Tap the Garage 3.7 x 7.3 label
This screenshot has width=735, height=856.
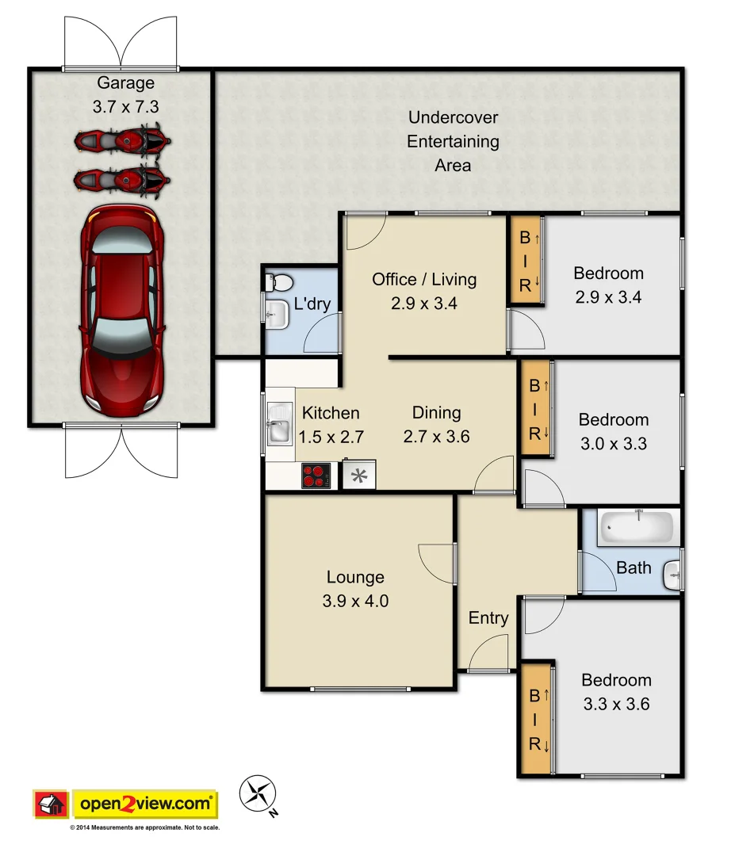125,94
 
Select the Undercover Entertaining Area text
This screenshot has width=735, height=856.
453,141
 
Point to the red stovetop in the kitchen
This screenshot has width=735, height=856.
315,476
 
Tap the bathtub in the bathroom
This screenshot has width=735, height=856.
638,527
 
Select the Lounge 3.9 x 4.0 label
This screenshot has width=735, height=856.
355,589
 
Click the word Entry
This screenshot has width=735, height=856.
488,618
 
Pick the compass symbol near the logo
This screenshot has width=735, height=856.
258,791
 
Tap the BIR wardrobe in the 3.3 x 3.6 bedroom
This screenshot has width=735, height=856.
535,720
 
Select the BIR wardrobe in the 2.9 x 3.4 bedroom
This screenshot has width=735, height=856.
525,261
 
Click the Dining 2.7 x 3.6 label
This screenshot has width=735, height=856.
436,424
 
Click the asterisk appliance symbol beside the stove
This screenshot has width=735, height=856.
359,476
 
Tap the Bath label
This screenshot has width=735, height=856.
634,567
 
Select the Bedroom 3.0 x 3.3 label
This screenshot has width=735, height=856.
613,431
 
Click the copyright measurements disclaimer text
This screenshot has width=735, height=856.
144,827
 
